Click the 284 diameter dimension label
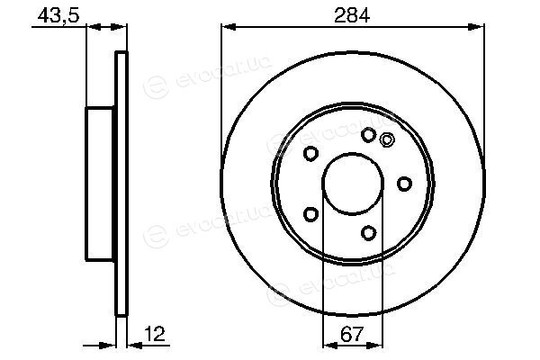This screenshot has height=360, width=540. pos(352,15)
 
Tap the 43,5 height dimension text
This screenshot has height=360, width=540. pos(58,15)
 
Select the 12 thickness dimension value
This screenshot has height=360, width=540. pos(155,334)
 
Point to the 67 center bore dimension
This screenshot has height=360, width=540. pos(352,334)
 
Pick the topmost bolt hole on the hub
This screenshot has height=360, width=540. pos(368,135)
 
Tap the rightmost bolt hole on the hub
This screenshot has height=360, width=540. pos(405,184)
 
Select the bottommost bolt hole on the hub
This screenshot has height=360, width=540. pos(368,233)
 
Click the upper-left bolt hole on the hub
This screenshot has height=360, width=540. pos(310,153)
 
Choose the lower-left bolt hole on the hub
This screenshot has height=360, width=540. pos(310,214)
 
